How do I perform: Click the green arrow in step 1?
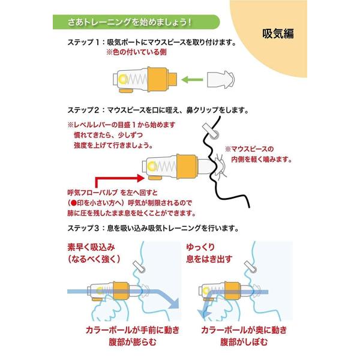193,79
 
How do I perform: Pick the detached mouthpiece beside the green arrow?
223,79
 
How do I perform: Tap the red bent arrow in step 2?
117,179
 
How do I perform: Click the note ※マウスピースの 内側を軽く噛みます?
258,154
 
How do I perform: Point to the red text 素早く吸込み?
95,247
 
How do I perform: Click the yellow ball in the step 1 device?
122,79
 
